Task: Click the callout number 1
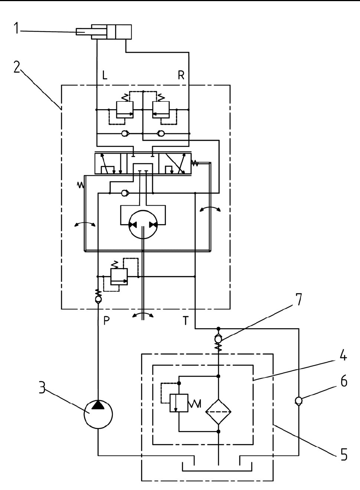click(16, 29)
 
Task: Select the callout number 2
click(17, 67)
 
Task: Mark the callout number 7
click(298, 299)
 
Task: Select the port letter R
click(181, 76)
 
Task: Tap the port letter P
click(107, 321)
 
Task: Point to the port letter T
click(186, 321)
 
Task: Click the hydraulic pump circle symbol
click(98, 415)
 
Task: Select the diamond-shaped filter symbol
click(218, 412)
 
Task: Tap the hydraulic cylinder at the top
click(111, 32)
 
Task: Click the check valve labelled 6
click(298, 401)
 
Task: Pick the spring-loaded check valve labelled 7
click(218, 339)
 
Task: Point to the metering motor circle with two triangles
click(143, 225)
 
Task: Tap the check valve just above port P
click(98, 299)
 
